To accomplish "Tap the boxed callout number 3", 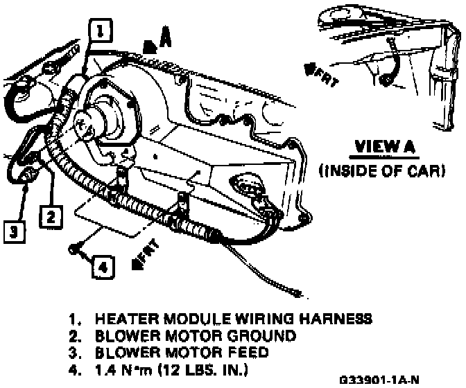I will [13, 230].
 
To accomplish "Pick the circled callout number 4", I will [101, 266].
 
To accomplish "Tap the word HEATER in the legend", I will [119, 319].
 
